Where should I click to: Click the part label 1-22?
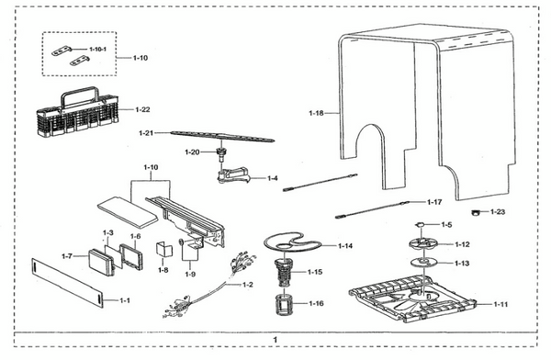(x=142, y=109)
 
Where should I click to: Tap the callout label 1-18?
(x=316, y=113)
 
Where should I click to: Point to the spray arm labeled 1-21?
(x=222, y=137)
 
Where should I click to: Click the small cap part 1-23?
(x=476, y=212)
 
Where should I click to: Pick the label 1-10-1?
(x=97, y=50)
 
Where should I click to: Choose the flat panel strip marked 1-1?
(x=68, y=283)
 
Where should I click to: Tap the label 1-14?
(x=345, y=246)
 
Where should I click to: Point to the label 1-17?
(x=434, y=202)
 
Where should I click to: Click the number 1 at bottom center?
(x=275, y=340)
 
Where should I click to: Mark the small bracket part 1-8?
(x=164, y=250)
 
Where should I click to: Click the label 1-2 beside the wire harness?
(x=248, y=285)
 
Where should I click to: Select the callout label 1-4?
(x=273, y=178)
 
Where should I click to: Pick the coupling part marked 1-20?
(x=221, y=154)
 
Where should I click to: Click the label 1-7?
(x=67, y=256)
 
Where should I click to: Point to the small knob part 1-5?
(x=420, y=224)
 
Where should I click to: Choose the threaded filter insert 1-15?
(x=284, y=273)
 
